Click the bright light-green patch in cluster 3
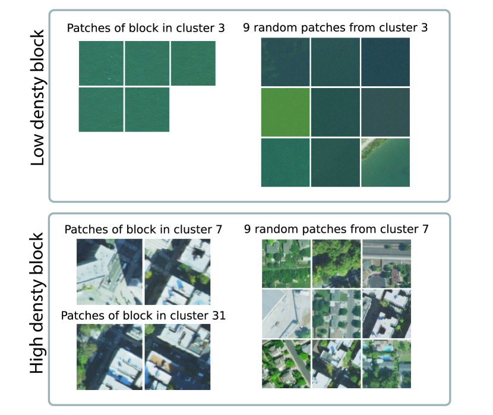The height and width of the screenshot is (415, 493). click(285, 112)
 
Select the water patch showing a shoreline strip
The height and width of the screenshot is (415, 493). click(384, 162)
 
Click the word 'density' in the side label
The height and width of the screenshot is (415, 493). click(37, 303)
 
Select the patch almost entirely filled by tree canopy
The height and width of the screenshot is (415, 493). click(336, 263)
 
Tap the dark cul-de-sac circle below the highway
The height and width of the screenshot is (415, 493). click(375, 279)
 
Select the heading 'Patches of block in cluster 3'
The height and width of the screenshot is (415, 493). click(146, 28)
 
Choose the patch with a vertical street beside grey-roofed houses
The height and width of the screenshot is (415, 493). click(336, 313)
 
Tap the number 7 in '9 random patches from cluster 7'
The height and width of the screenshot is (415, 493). click(425, 229)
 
